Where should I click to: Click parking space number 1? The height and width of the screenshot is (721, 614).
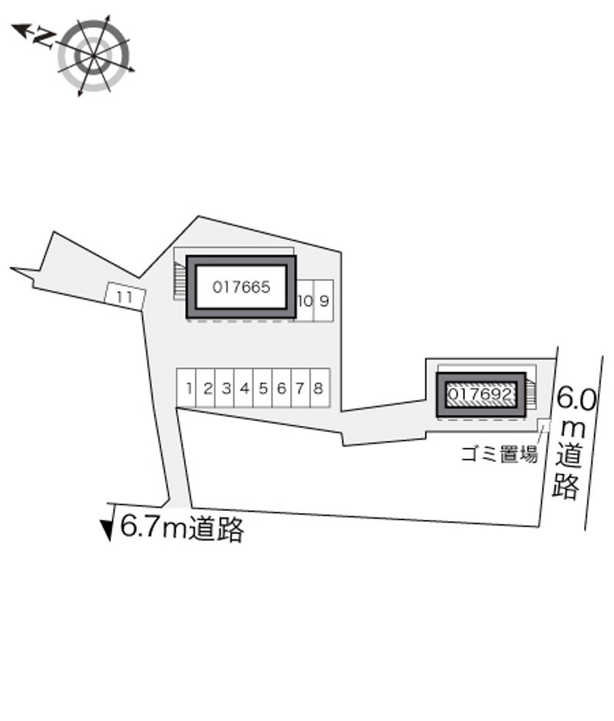(x=187, y=388)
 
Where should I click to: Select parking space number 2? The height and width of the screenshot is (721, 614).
(x=206, y=388)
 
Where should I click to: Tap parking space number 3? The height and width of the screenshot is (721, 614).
(x=225, y=388)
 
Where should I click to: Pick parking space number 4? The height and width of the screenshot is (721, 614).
(x=244, y=388)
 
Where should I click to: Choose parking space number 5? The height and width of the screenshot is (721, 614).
(x=262, y=388)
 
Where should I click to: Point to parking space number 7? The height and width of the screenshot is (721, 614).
(x=301, y=388)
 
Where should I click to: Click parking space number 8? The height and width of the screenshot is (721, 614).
(x=320, y=388)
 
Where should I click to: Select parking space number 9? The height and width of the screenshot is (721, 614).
(x=324, y=301)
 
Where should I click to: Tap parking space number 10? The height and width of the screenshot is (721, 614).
(x=305, y=301)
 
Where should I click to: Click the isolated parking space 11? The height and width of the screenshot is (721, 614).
(x=125, y=296)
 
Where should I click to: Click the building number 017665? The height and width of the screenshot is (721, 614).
(x=241, y=288)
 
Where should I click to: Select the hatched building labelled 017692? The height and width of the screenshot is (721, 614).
(x=480, y=394)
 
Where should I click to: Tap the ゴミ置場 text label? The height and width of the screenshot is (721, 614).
(x=500, y=454)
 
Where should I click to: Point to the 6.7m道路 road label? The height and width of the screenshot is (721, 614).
(x=182, y=528)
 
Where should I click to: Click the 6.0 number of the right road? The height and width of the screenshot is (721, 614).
(x=576, y=399)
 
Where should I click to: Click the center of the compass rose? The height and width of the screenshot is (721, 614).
(x=94, y=56)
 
